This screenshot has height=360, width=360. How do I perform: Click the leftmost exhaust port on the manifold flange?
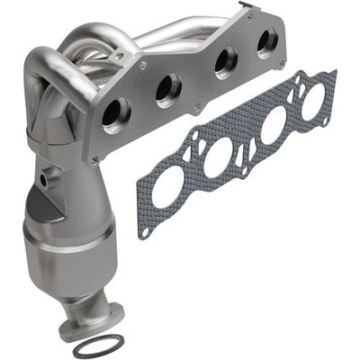click(116, 117)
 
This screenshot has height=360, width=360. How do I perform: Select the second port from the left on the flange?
click(168, 90)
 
